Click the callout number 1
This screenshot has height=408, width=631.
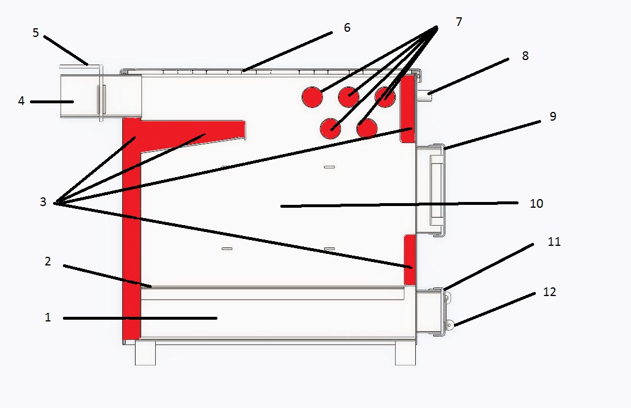click(x=48, y=317)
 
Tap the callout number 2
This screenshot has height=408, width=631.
click(x=48, y=261)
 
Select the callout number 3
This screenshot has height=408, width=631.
click(x=43, y=202)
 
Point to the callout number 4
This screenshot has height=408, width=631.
click(x=21, y=100)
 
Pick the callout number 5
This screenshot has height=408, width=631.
click(x=36, y=33)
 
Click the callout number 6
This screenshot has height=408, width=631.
click(x=347, y=27)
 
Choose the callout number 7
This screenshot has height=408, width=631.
click(x=459, y=22)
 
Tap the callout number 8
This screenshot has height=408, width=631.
click(x=525, y=55)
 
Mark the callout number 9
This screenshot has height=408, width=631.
click(x=553, y=116)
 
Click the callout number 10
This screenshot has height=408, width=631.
click(x=536, y=203)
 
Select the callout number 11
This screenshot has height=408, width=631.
click(x=554, y=242)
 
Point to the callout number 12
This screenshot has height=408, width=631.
click(x=550, y=291)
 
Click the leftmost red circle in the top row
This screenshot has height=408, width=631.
click(x=312, y=97)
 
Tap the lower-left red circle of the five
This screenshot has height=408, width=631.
click(x=331, y=129)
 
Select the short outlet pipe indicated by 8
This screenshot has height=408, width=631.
click(x=424, y=95)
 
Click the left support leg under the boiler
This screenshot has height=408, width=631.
click(x=145, y=353)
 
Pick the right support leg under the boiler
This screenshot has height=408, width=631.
click(x=405, y=353)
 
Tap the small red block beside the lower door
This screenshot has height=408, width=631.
click(x=410, y=260)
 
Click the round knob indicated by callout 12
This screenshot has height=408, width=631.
click(x=450, y=325)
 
